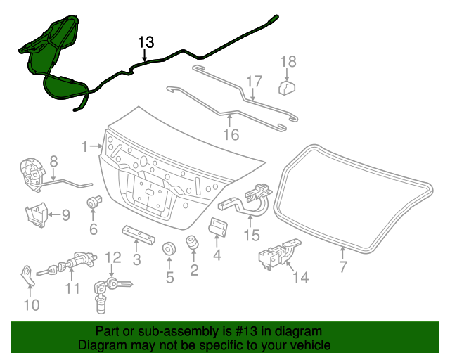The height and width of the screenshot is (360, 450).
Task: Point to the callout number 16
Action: [x=230, y=134]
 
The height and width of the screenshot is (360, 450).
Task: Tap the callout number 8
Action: [x=53, y=161]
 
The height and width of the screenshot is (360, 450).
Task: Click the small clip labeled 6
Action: [x=91, y=203]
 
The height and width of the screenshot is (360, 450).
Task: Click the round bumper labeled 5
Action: [x=169, y=250]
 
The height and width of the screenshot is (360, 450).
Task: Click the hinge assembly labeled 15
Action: [x=246, y=200]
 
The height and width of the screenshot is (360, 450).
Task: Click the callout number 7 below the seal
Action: [x=343, y=266]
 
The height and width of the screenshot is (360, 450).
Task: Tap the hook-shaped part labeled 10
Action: [x=27, y=274]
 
